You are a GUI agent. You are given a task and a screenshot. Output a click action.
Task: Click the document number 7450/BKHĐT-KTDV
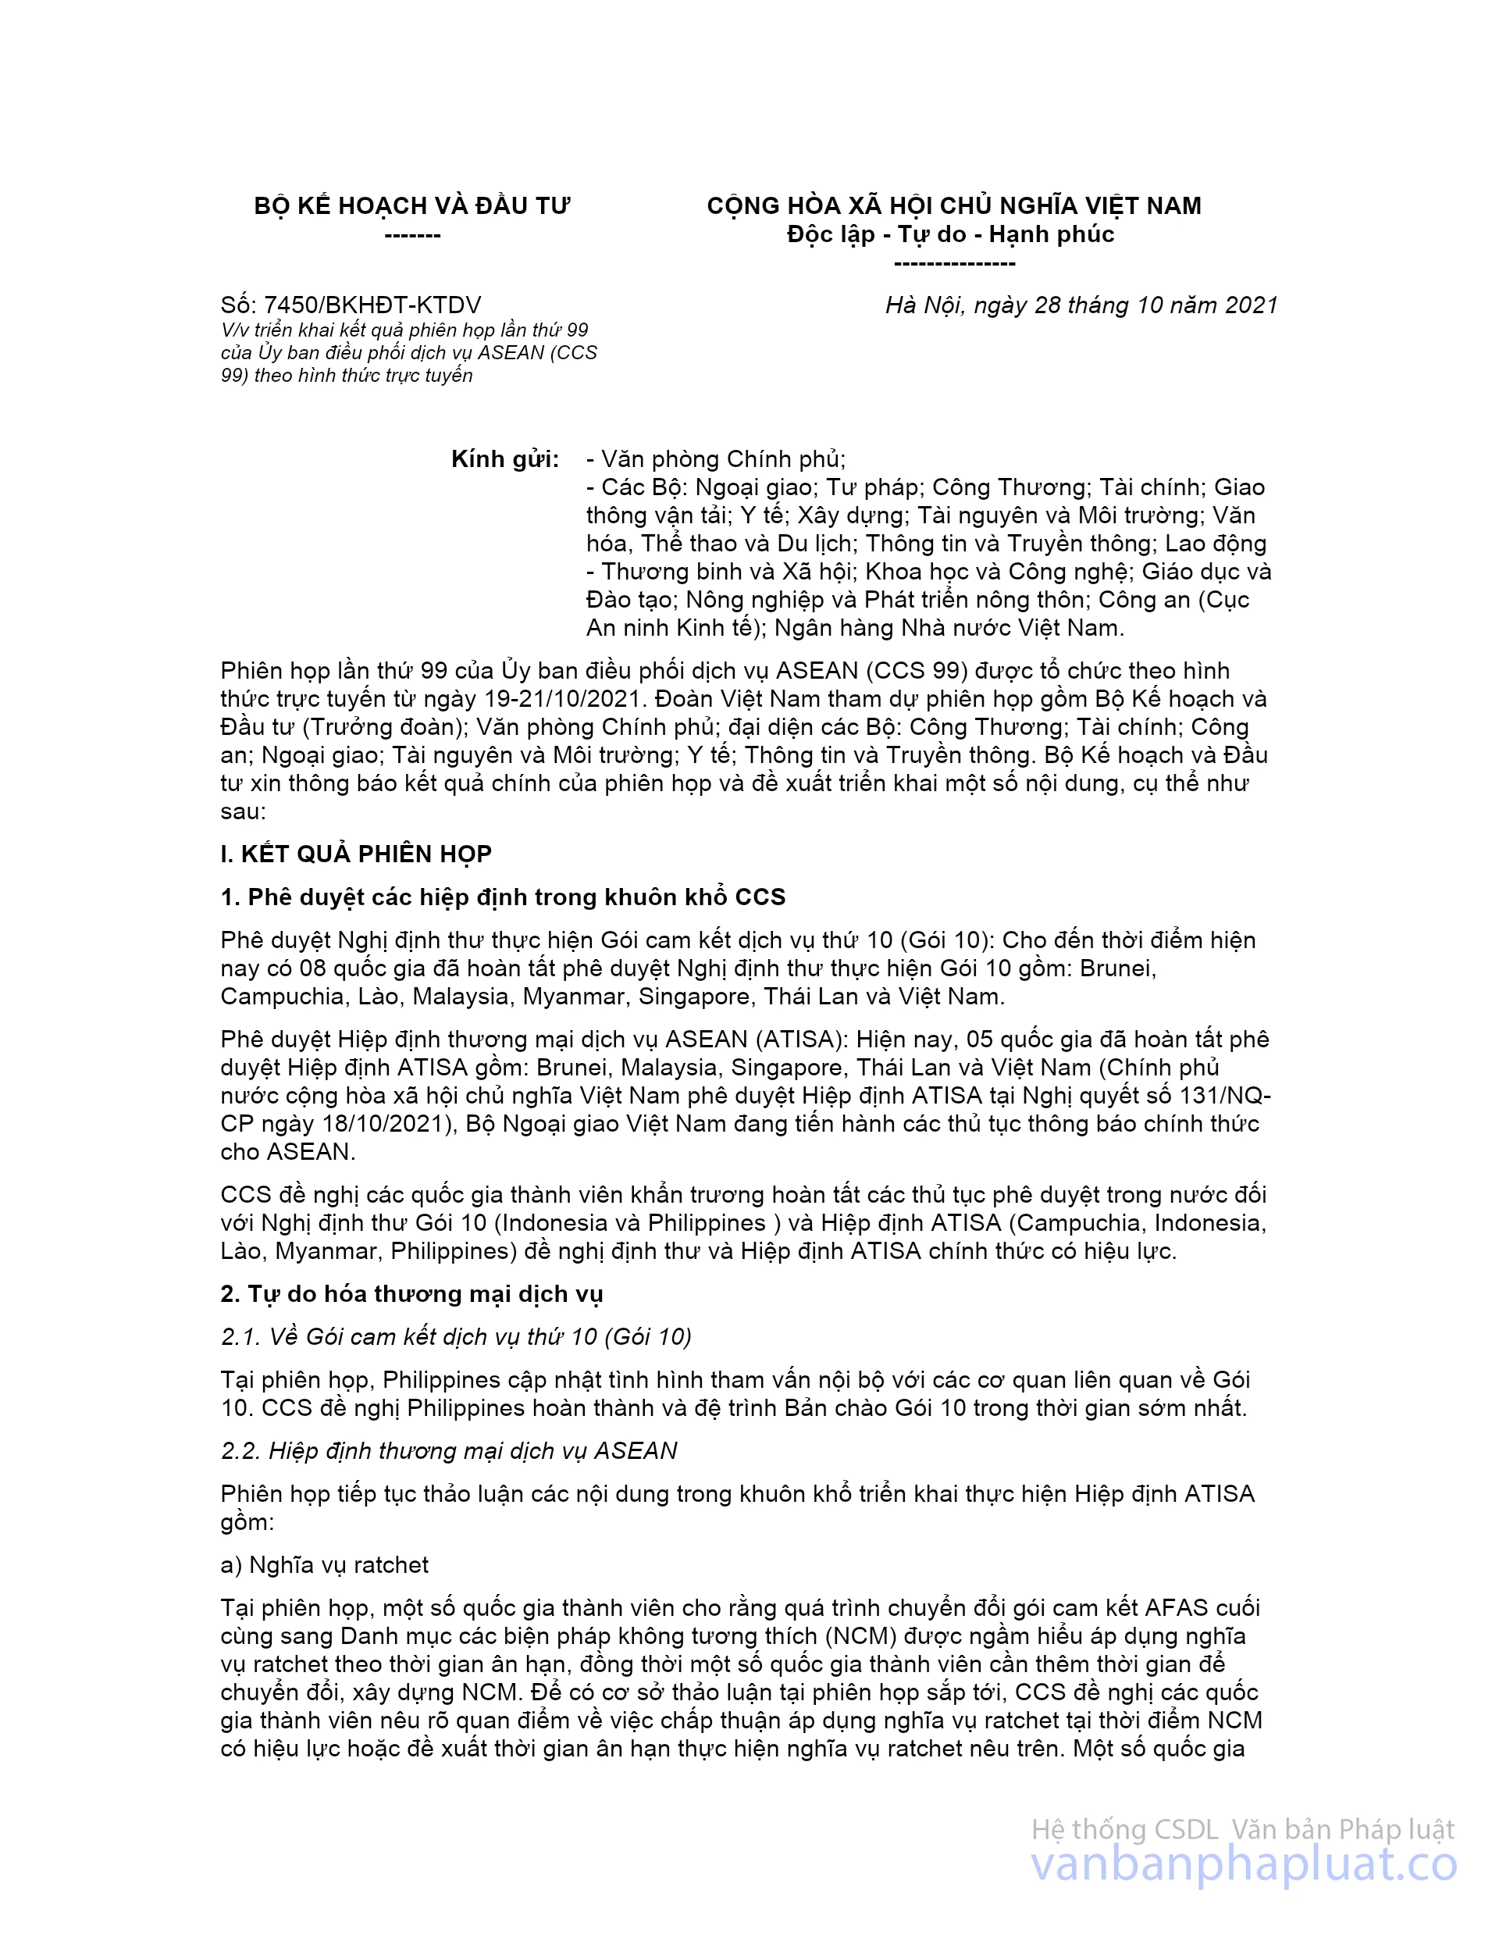pyautogui.click(x=372, y=305)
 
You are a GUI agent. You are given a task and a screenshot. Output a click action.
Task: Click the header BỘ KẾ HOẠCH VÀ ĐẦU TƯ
pyautogui.click(x=412, y=206)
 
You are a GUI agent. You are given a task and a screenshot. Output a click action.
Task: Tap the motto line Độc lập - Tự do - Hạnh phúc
pyautogui.click(x=950, y=234)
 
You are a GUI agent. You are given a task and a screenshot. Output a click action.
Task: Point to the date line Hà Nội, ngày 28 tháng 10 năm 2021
pyautogui.click(x=1081, y=305)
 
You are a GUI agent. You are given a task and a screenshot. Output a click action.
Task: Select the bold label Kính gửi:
pyautogui.click(x=505, y=459)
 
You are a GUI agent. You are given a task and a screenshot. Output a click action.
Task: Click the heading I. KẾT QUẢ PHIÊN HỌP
pyautogui.click(x=356, y=854)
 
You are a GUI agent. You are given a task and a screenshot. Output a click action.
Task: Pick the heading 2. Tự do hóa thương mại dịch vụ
pyautogui.click(x=411, y=1294)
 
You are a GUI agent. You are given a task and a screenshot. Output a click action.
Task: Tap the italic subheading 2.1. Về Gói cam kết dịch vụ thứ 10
pyautogui.click(x=456, y=1337)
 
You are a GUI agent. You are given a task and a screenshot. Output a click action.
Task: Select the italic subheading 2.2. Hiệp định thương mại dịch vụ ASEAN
pyautogui.click(x=448, y=1450)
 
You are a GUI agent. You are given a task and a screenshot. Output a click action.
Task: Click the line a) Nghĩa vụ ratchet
pyautogui.click(x=324, y=1564)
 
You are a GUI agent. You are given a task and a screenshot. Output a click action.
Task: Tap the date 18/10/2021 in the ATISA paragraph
pyautogui.click(x=387, y=1124)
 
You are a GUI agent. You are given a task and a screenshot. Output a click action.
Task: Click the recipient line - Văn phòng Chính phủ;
pyautogui.click(x=716, y=459)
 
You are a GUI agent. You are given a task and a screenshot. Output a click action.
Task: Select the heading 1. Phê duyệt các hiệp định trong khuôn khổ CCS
pyautogui.click(x=503, y=897)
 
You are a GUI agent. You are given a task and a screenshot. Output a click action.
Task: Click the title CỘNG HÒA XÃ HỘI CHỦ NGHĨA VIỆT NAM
pyautogui.click(x=954, y=206)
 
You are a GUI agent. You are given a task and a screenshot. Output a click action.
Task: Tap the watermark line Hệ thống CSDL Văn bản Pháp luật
pyautogui.click(x=1242, y=1830)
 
